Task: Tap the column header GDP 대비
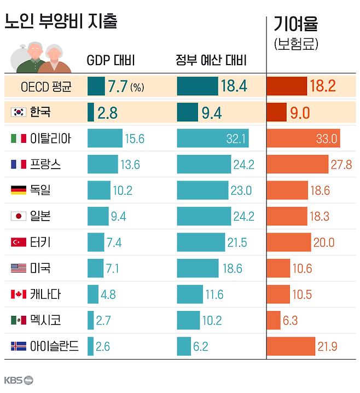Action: point(111,60)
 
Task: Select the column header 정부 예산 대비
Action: point(211,60)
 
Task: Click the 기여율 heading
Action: point(295,25)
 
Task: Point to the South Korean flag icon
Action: point(19,113)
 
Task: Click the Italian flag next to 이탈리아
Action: point(19,138)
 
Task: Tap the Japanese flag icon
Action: point(19,216)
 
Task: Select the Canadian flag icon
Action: point(19,294)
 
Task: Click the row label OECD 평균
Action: point(45,86)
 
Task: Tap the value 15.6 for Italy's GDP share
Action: point(134,138)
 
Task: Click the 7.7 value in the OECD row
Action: point(117,86)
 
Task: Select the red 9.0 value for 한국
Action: point(300,113)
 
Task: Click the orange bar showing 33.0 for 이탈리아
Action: point(303,138)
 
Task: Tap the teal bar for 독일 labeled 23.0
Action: point(202,190)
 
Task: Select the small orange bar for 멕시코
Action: point(274,320)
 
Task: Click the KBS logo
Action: point(18,380)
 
